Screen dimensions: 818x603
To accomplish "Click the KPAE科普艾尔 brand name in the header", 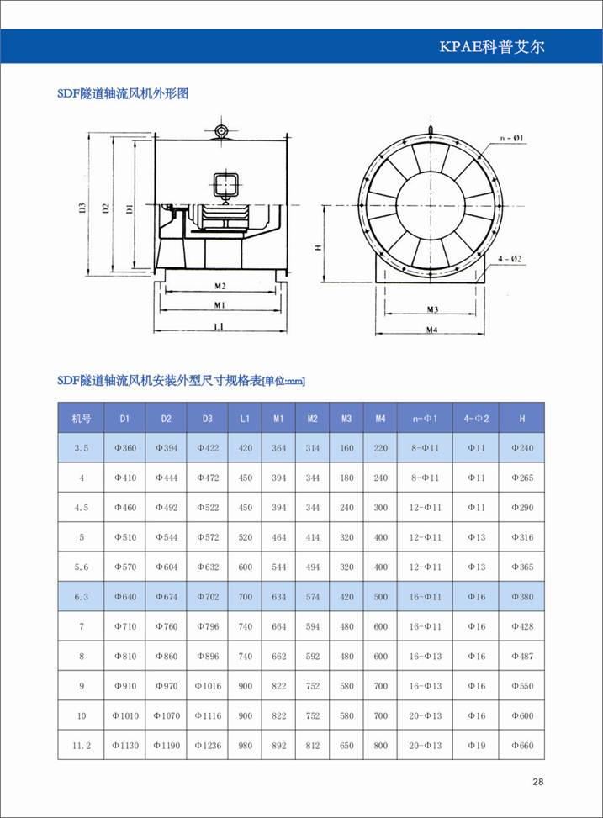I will tap(492, 46).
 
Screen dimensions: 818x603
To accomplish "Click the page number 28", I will tap(538, 782).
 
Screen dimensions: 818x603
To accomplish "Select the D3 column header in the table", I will tap(208, 418).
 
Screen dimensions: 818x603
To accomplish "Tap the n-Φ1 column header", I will tap(425, 418).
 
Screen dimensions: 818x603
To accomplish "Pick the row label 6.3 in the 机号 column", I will tap(81, 597).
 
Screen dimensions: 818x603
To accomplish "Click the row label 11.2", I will tap(81, 745).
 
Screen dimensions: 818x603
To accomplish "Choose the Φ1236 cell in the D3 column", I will tap(208, 745).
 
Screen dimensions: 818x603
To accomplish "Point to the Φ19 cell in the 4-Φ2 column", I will tap(476, 745).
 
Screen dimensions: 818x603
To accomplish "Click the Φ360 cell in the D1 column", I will tap(124, 448).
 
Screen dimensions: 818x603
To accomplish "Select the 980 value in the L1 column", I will tap(245, 745).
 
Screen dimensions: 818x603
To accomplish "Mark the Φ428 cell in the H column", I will tap(522, 626).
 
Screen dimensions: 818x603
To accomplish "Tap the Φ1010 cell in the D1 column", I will tap(124, 715).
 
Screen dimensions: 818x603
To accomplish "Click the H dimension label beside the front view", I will tap(318, 248).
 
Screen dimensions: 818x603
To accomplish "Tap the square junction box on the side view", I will tap(225, 184).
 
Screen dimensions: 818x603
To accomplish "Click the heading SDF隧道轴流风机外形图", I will tap(123, 93).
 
